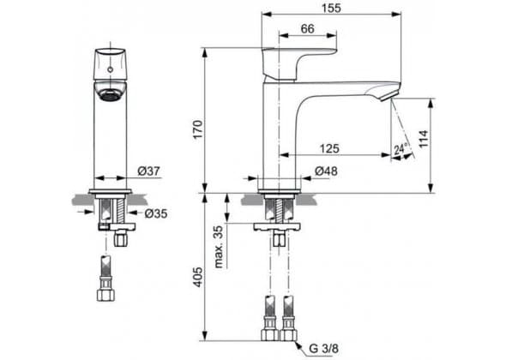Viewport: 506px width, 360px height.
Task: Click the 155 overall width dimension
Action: point(331,8)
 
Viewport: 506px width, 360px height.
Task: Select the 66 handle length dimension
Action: point(307,28)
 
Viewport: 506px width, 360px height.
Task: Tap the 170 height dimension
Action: point(197,129)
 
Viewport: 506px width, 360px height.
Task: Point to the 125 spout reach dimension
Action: point(329,148)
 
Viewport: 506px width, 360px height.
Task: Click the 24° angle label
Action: point(401,149)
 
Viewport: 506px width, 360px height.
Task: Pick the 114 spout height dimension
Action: point(424,139)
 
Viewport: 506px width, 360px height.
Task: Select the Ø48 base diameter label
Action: point(326,171)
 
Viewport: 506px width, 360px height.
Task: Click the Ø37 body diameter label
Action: point(148,171)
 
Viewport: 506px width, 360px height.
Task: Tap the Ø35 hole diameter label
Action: point(156,213)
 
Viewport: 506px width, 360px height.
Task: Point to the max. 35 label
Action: point(219,247)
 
